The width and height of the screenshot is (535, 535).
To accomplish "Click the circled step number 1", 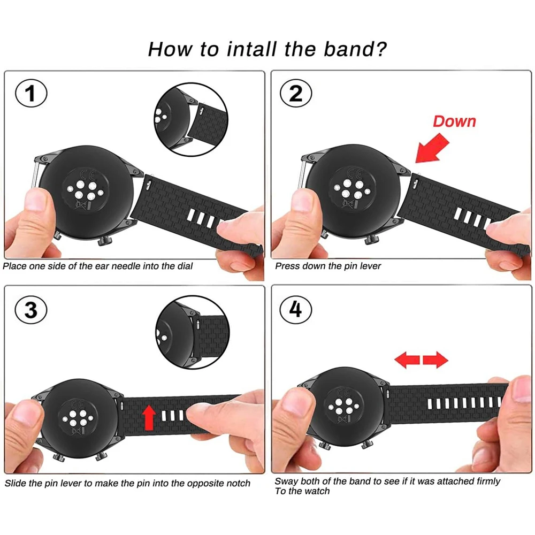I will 30,95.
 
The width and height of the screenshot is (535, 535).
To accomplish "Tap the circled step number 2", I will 296,94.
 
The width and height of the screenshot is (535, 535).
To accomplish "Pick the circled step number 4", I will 295,310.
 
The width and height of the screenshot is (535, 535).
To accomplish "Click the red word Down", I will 454,121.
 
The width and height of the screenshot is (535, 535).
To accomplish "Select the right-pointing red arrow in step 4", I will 435,360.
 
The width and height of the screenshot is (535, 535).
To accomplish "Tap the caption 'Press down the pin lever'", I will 328,266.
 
